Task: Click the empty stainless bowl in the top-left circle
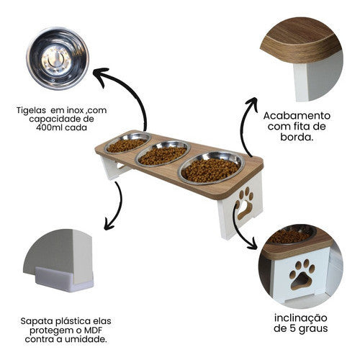tap(55, 57)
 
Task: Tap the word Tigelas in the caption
tap(32, 112)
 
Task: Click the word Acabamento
tap(296, 115)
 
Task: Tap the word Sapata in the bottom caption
tap(37, 316)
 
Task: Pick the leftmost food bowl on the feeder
tap(127, 143)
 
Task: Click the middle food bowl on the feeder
tap(162, 153)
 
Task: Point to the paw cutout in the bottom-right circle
tap(302, 274)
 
